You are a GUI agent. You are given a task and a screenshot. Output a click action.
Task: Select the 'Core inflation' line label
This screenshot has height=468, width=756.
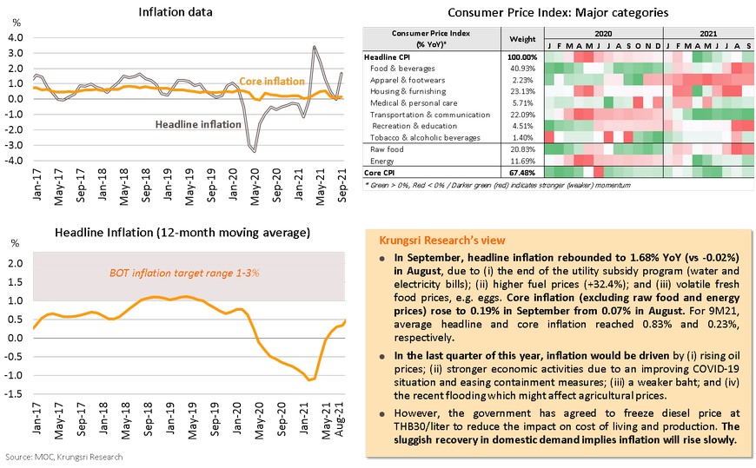(272, 81)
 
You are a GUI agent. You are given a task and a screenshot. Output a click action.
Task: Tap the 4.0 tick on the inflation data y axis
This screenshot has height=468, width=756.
(15, 37)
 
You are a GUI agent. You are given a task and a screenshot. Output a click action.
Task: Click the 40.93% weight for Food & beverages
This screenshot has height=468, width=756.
(522, 68)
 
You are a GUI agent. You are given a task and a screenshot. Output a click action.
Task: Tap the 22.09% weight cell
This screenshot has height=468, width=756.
(522, 115)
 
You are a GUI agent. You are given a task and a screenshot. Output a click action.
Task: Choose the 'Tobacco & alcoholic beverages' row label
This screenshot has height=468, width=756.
(426, 137)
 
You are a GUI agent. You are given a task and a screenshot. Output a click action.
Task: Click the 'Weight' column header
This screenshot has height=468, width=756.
(522, 39)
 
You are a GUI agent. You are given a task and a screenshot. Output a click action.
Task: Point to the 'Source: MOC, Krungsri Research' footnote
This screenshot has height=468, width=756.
(63, 457)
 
